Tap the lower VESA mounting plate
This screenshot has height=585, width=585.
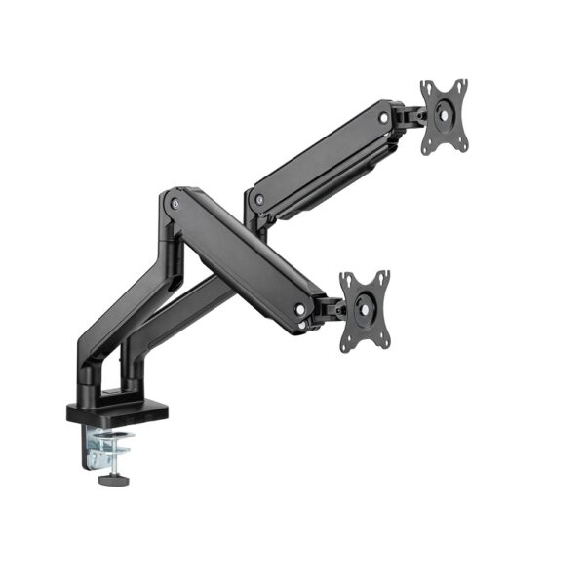point(364,310)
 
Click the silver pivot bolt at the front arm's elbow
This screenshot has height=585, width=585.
point(175,203)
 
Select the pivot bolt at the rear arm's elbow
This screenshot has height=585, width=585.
point(259,200)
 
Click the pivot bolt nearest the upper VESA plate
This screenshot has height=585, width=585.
point(384,118)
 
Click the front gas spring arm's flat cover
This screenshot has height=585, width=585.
point(244,258)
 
